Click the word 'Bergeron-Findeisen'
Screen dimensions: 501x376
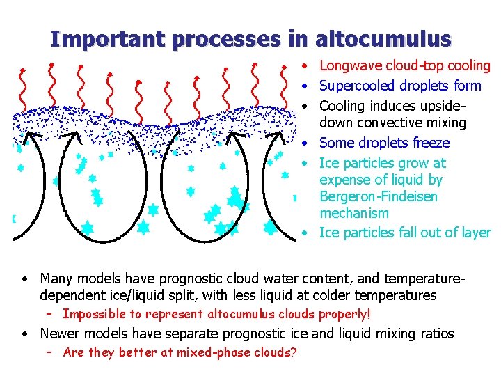point(379,196)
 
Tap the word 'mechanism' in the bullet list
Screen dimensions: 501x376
point(354,213)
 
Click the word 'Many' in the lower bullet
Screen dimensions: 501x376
point(56,279)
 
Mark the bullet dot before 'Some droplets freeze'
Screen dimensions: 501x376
point(306,143)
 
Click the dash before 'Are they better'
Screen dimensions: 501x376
point(49,352)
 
